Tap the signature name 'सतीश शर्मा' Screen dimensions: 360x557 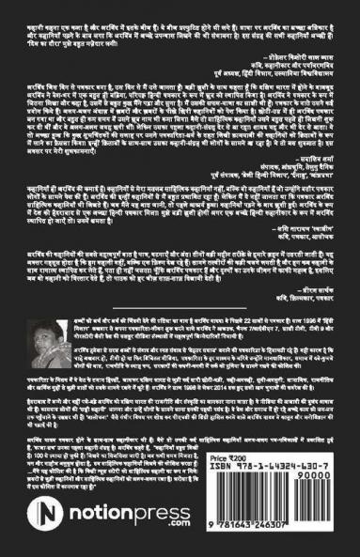(309, 133)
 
